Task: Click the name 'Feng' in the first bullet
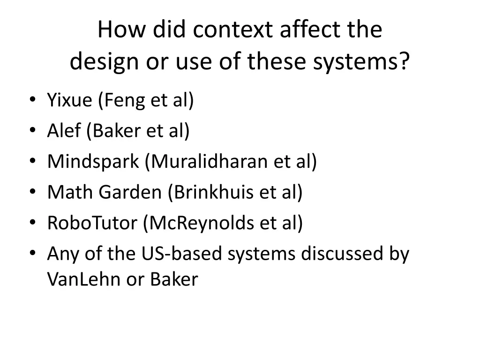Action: [x=122, y=100]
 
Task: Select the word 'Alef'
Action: [x=63, y=131]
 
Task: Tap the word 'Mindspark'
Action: [x=93, y=162]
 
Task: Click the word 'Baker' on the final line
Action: [x=174, y=279]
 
